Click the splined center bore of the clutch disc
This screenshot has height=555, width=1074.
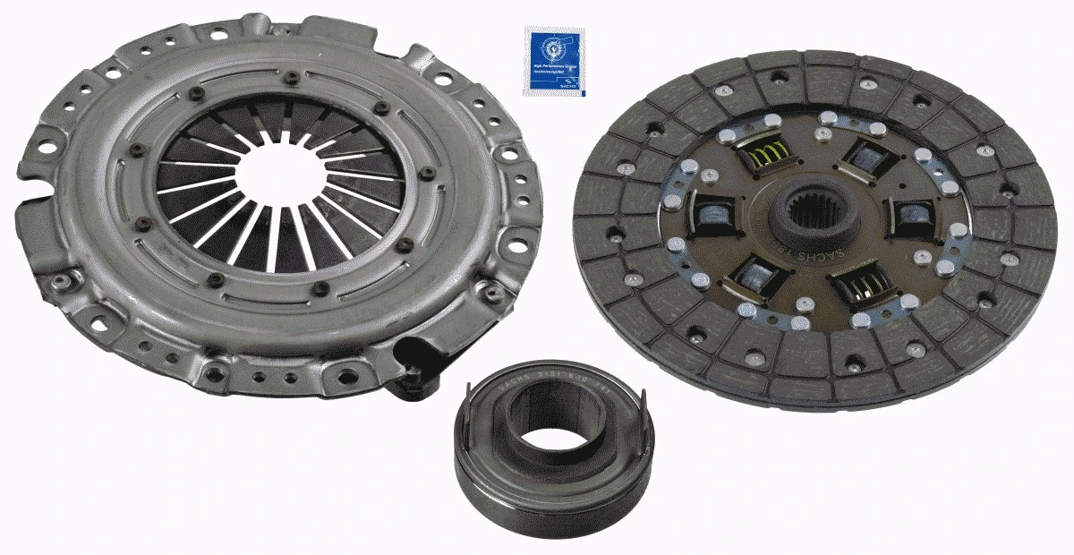click(x=811, y=220)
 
